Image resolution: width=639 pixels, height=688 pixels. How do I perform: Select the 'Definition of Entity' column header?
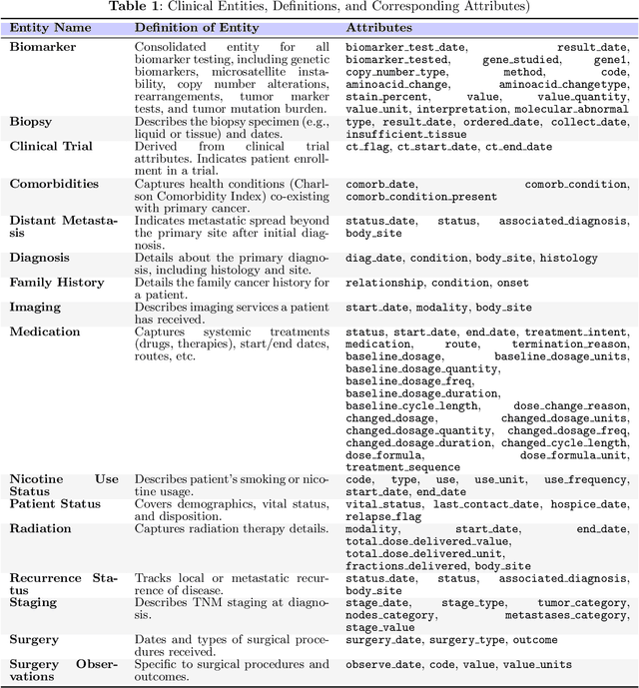tap(200, 29)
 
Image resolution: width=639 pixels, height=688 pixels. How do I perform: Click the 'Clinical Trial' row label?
tap(51, 147)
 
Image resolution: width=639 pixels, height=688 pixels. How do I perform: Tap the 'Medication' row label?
tap(45, 332)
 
